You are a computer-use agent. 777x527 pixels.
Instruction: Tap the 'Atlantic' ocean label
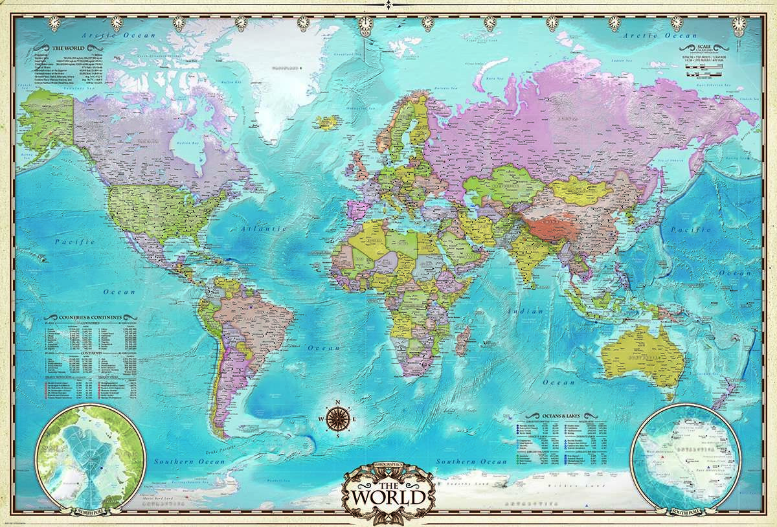[263, 229]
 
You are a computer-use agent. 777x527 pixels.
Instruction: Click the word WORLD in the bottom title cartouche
[389, 497]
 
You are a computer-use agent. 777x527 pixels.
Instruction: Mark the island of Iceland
[330, 122]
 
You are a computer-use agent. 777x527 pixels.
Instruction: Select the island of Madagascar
[462, 340]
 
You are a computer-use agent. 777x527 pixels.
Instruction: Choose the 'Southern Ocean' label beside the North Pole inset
[189, 462]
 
